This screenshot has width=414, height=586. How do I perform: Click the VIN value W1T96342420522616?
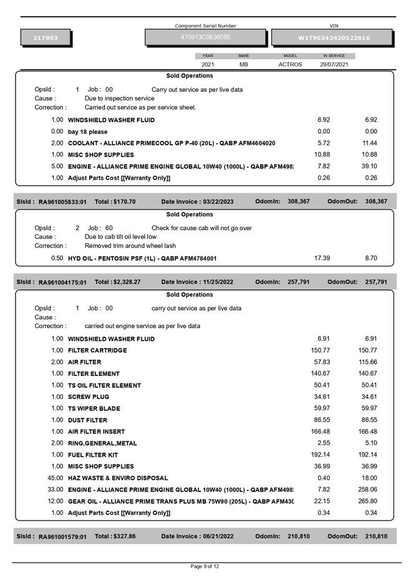point(334,38)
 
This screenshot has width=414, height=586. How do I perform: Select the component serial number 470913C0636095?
point(205,37)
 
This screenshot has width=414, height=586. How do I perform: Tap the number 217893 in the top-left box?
point(46,38)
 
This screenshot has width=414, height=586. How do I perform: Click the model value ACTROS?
point(290,64)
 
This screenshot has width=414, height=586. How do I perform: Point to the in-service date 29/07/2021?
point(334,64)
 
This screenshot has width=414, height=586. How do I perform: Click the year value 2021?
point(208,64)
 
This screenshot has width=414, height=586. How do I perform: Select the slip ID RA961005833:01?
point(62,202)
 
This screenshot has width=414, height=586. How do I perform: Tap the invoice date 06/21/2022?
point(218,536)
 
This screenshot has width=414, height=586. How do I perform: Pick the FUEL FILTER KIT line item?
point(92,454)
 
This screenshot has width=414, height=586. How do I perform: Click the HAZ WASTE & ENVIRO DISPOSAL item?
point(118,478)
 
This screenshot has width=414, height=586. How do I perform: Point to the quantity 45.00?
point(55,478)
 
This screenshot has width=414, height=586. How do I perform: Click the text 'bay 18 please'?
point(87,132)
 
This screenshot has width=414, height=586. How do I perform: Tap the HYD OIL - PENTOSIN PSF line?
point(142,258)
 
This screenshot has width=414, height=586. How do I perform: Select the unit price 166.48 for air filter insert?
point(320,431)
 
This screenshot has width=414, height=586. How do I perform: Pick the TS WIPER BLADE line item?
point(94,408)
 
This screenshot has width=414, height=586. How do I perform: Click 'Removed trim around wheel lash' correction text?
point(130,246)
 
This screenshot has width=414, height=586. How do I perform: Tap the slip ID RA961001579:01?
point(62,536)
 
